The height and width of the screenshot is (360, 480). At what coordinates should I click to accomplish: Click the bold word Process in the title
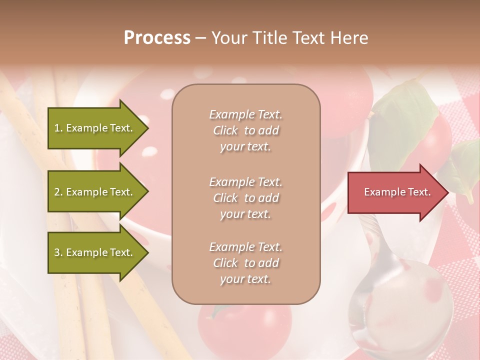tap(157, 38)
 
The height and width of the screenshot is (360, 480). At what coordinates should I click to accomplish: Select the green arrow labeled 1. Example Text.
tap(95, 128)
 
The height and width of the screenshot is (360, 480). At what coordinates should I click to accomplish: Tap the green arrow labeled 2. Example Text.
tap(95, 192)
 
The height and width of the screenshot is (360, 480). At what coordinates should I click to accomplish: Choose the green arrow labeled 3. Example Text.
tap(95, 252)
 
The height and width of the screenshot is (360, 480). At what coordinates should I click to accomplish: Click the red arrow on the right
tap(395, 192)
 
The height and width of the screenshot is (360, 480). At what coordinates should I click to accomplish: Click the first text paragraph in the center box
tap(246, 130)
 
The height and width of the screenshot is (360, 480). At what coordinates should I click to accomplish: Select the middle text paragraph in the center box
tap(246, 198)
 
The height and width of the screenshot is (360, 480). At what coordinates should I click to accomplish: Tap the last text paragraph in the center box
tap(246, 263)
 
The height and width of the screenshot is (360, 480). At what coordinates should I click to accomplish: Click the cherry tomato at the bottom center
tap(245, 325)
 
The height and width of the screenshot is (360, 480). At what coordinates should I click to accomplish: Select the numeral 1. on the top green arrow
tap(58, 128)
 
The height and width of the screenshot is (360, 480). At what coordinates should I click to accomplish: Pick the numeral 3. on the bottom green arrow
tap(58, 252)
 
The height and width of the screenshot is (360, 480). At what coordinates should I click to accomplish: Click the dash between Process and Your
tap(200, 38)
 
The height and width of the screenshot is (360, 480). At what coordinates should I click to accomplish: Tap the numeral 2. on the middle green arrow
tap(58, 192)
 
